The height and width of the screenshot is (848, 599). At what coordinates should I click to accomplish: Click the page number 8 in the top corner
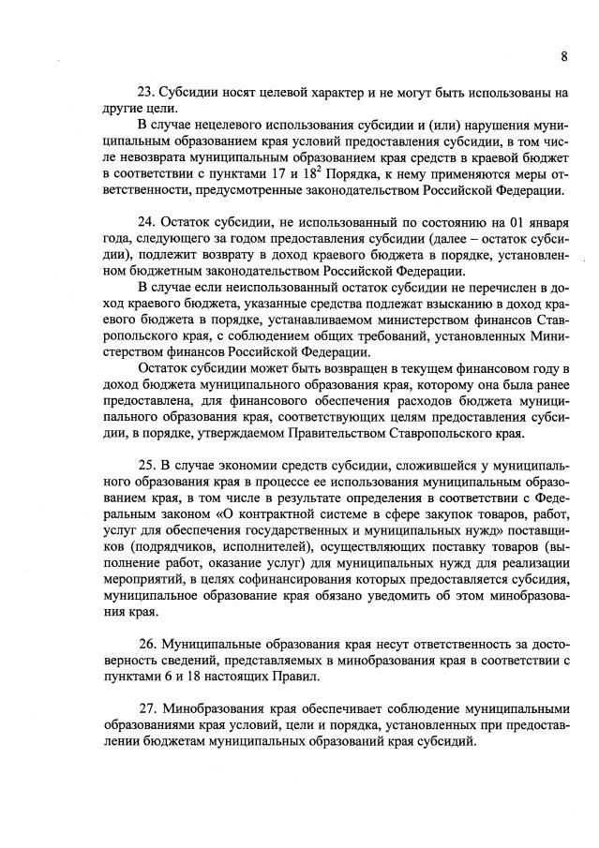point(564,56)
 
